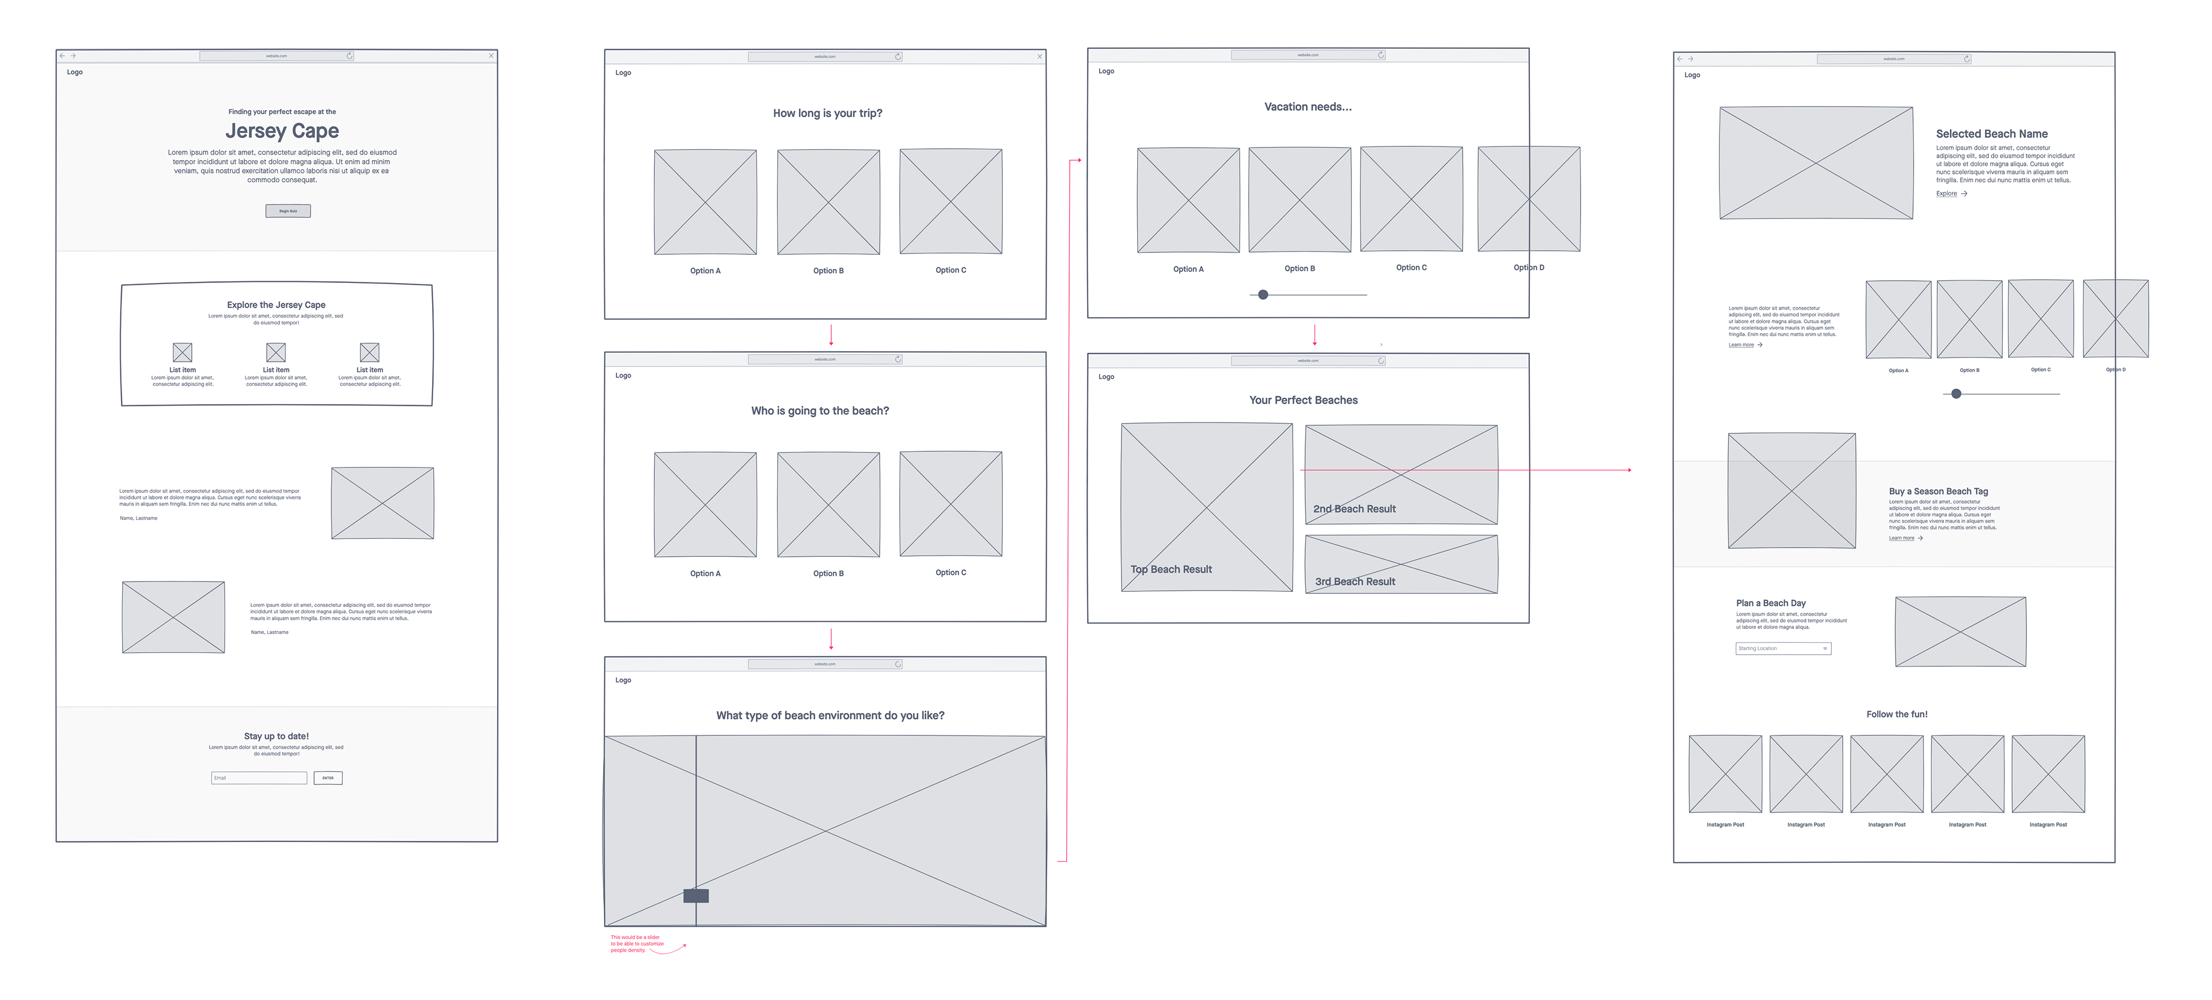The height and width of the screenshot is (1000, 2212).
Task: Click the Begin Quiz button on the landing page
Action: tap(287, 210)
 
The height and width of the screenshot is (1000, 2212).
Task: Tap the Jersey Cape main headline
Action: tap(282, 131)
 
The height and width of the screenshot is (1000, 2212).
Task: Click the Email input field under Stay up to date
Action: tap(259, 778)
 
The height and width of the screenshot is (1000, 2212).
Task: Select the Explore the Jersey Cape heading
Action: tap(276, 305)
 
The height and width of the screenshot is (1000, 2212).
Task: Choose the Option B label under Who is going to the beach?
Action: tap(828, 573)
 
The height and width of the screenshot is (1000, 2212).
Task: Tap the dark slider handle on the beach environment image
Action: tap(695, 895)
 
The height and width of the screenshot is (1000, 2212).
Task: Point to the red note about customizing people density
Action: tap(637, 944)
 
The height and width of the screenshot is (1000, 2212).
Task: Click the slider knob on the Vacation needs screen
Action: tap(1262, 295)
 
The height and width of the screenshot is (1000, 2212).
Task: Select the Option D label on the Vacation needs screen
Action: tap(1528, 267)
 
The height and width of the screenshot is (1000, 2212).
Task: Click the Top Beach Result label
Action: tap(1171, 569)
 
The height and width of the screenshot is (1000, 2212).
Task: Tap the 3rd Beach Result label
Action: tap(1354, 582)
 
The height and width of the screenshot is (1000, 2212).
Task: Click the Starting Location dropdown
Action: tap(1783, 648)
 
